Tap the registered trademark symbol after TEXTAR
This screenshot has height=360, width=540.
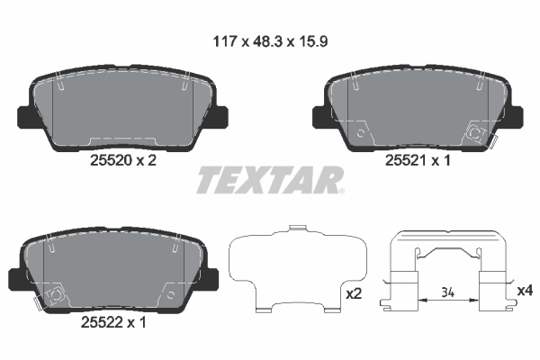[x=340, y=191]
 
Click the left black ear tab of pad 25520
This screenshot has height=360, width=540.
[x=24, y=117]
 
